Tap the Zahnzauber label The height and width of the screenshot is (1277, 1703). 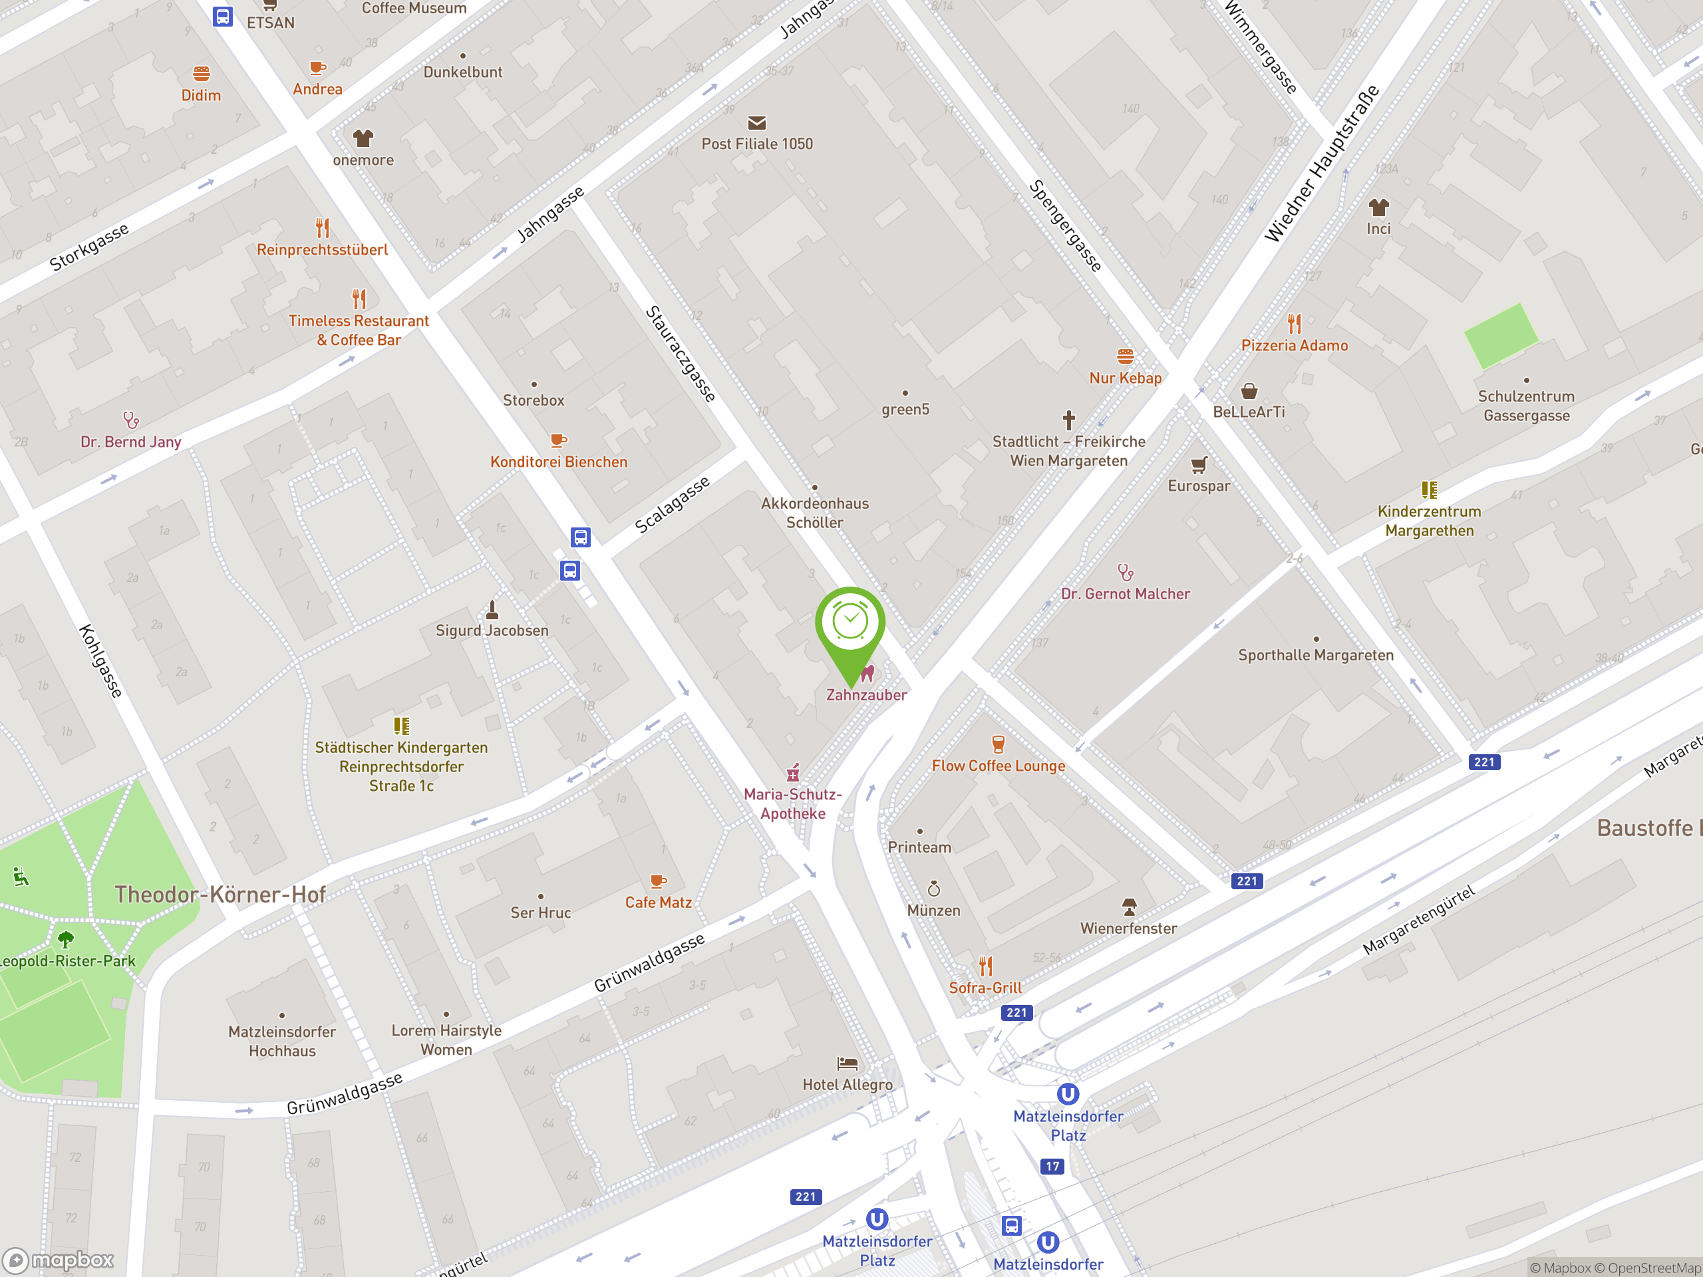coord(866,694)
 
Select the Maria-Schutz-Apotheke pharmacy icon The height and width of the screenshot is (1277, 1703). coord(793,772)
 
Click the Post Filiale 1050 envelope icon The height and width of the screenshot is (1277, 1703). coord(757,122)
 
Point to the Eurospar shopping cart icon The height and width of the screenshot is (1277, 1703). coord(1199,465)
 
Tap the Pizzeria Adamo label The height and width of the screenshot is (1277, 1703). coord(1294,346)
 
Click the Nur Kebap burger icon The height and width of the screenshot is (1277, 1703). coord(1125,356)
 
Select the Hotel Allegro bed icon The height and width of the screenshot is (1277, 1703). coord(848,1064)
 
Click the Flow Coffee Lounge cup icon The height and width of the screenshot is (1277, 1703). coord(998,744)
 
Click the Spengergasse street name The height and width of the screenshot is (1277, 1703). coord(1066,225)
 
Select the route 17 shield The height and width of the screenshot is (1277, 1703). coord(1052,1166)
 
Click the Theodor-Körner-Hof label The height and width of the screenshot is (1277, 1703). coord(220,895)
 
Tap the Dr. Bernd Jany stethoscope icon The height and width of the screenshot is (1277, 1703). coord(131,420)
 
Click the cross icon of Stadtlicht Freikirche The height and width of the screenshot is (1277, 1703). coord(1068,420)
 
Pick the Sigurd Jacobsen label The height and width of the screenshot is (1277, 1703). coord(492,631)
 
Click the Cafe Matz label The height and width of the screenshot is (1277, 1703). coord(659,902)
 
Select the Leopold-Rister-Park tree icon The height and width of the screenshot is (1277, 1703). coord(67,938)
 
